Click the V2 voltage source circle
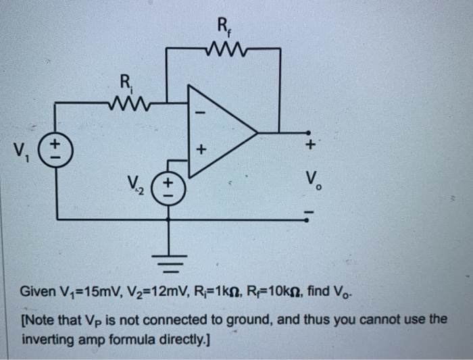click(168, 185)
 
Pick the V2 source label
click(138, 184)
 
